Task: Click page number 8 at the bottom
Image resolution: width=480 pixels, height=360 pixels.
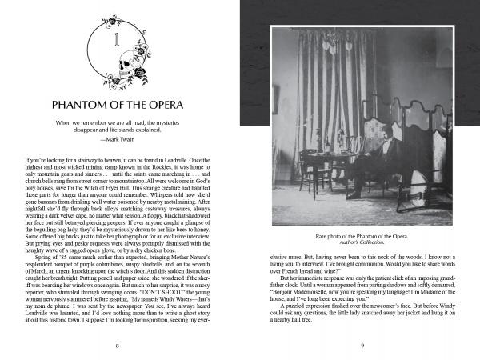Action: coord(118,345)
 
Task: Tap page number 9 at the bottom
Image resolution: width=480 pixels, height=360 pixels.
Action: coord(362,345)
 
